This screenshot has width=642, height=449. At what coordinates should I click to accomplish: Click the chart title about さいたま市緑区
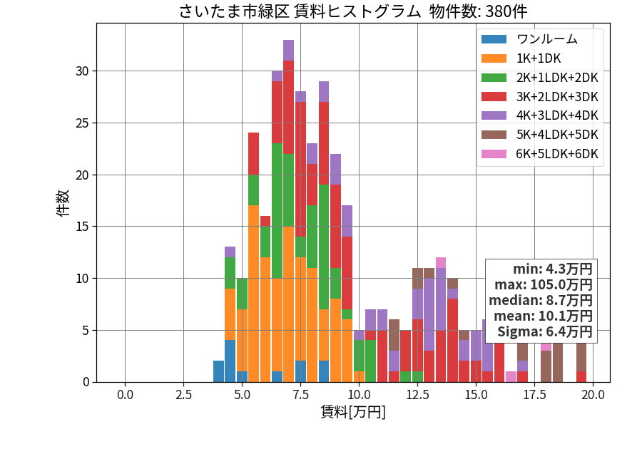pyautogui.click(x=353, y=11)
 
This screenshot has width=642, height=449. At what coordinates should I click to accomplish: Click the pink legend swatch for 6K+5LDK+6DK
pyautogui.click(x=494, y=154)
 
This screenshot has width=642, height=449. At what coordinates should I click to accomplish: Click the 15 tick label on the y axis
pyautogui.click(x=82, y=227)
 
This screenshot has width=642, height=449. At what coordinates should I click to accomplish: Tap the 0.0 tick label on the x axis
pyautogui.click(x=125, y=395)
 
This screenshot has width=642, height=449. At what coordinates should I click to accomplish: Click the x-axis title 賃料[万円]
pyautogui.click(x=353, y=412)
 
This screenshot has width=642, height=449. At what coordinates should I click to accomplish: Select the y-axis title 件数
pyautogui.click(x=63, y=203)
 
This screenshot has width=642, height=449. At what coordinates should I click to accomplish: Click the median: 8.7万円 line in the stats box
pyautogui.click(x=541, y=300)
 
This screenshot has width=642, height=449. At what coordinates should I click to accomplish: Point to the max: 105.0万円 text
pyautogui.click(x=544, y=284)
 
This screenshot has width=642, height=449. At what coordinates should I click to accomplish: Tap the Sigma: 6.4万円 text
pyautogui.click(x=544, y=331)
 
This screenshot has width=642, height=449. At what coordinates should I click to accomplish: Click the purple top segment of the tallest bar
pyautogui.click(x=289, y=51)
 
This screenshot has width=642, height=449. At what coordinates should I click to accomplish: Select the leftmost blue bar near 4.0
pyautogui.click(x=219, y=371)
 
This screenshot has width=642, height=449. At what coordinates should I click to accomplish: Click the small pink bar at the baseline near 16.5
pyautogui.click(x=511, y=376)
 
